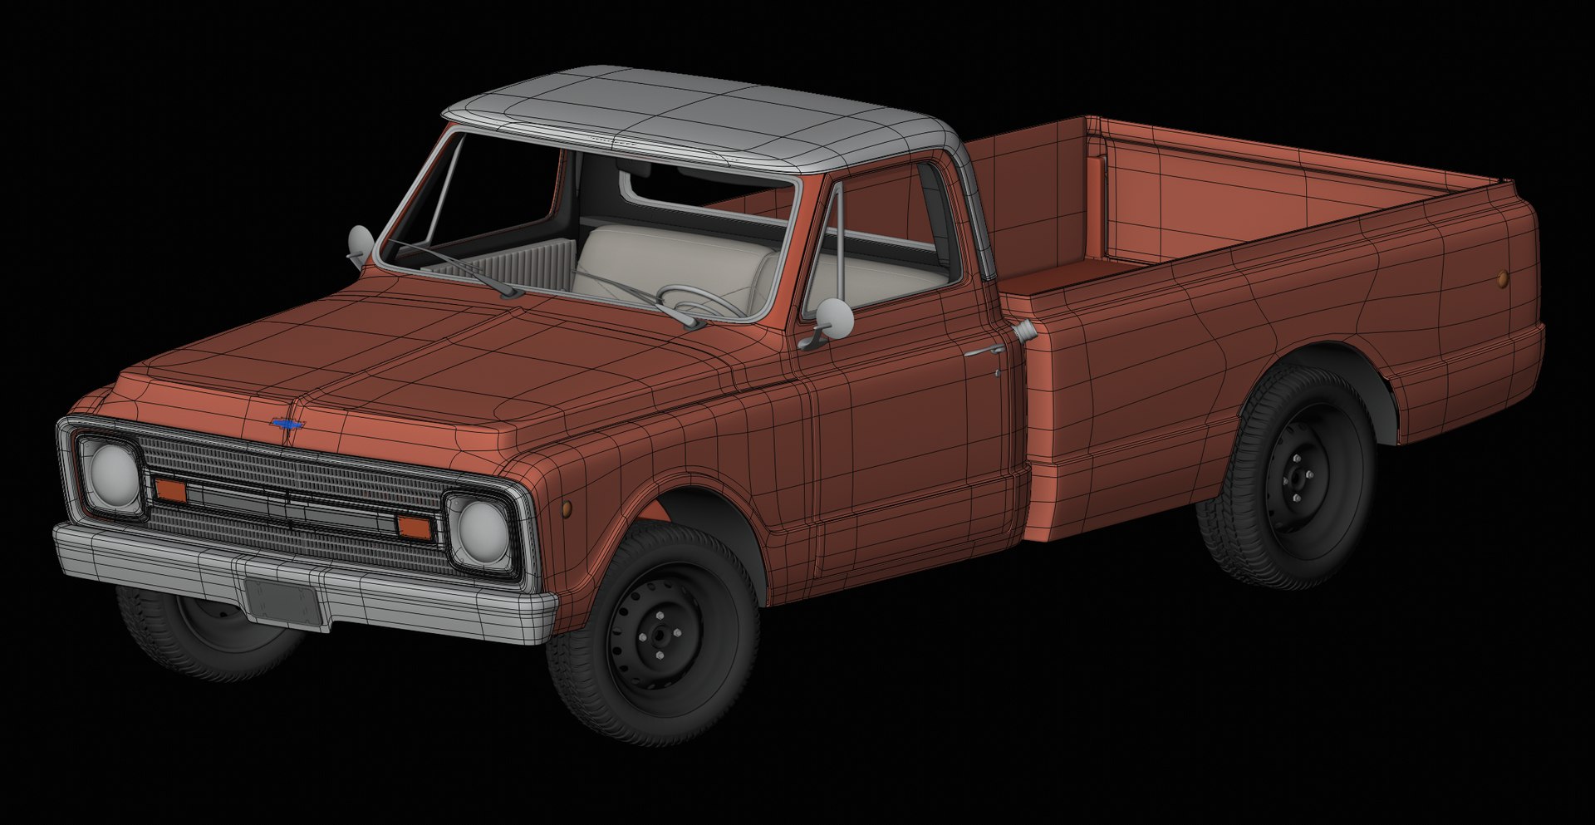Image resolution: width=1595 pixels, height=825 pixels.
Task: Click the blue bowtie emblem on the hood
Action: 287,425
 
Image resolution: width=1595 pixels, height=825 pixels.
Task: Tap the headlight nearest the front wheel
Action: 481,527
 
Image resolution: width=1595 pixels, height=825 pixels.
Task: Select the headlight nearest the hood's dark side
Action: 112,474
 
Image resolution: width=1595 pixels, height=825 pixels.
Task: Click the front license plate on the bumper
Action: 282,600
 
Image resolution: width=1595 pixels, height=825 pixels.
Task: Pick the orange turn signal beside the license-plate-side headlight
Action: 170,490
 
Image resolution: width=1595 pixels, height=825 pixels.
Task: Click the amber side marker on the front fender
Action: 567,507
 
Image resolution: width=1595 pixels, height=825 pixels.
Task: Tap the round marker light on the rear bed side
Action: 1503,278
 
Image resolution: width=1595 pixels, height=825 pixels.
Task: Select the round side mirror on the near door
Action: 834,317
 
